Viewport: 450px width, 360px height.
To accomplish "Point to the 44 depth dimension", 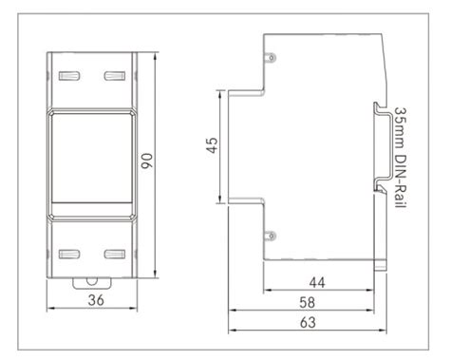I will tap(317, 282).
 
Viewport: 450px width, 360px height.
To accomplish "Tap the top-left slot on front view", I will tap(66, 74).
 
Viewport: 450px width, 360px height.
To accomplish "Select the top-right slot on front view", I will tap(113, 74).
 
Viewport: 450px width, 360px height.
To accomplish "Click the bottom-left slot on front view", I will tap(66, 254).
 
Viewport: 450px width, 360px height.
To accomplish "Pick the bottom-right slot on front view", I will tap(113, 254).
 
